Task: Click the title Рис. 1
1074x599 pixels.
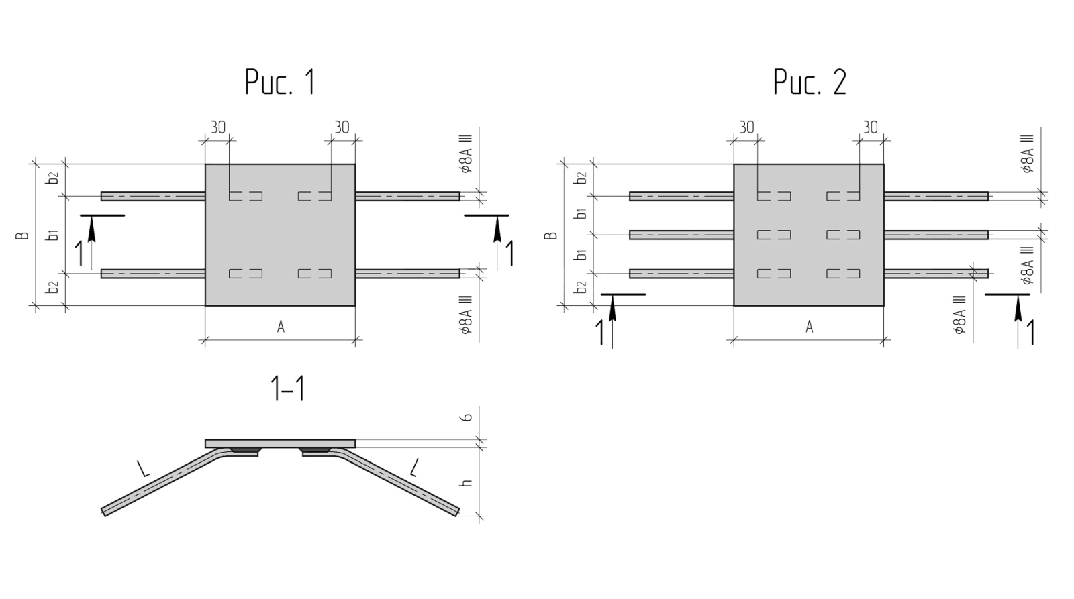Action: click(279, 83)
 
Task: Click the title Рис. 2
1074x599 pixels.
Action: click(810, 83)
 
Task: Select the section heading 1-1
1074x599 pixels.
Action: click(287, 389)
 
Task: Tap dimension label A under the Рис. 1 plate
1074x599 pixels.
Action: click(281, 327)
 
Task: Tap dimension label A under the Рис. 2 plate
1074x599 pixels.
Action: click(809, 327)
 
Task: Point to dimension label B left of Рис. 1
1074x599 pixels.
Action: click(23, 235)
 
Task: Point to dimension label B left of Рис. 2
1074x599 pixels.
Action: click(552, 235)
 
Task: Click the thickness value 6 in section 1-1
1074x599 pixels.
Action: click(468, 417)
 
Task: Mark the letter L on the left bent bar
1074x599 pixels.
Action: click(143, 468)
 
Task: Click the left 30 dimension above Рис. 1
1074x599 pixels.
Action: click(218, 127)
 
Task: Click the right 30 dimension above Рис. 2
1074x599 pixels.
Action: click(871, 127)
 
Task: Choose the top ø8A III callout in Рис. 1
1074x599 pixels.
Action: click(467, 154)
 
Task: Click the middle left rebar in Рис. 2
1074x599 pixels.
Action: click(681, 235)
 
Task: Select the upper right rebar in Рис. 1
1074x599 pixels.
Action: click(407, 196)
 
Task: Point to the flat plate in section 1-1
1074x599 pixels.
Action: click(280, 443)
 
